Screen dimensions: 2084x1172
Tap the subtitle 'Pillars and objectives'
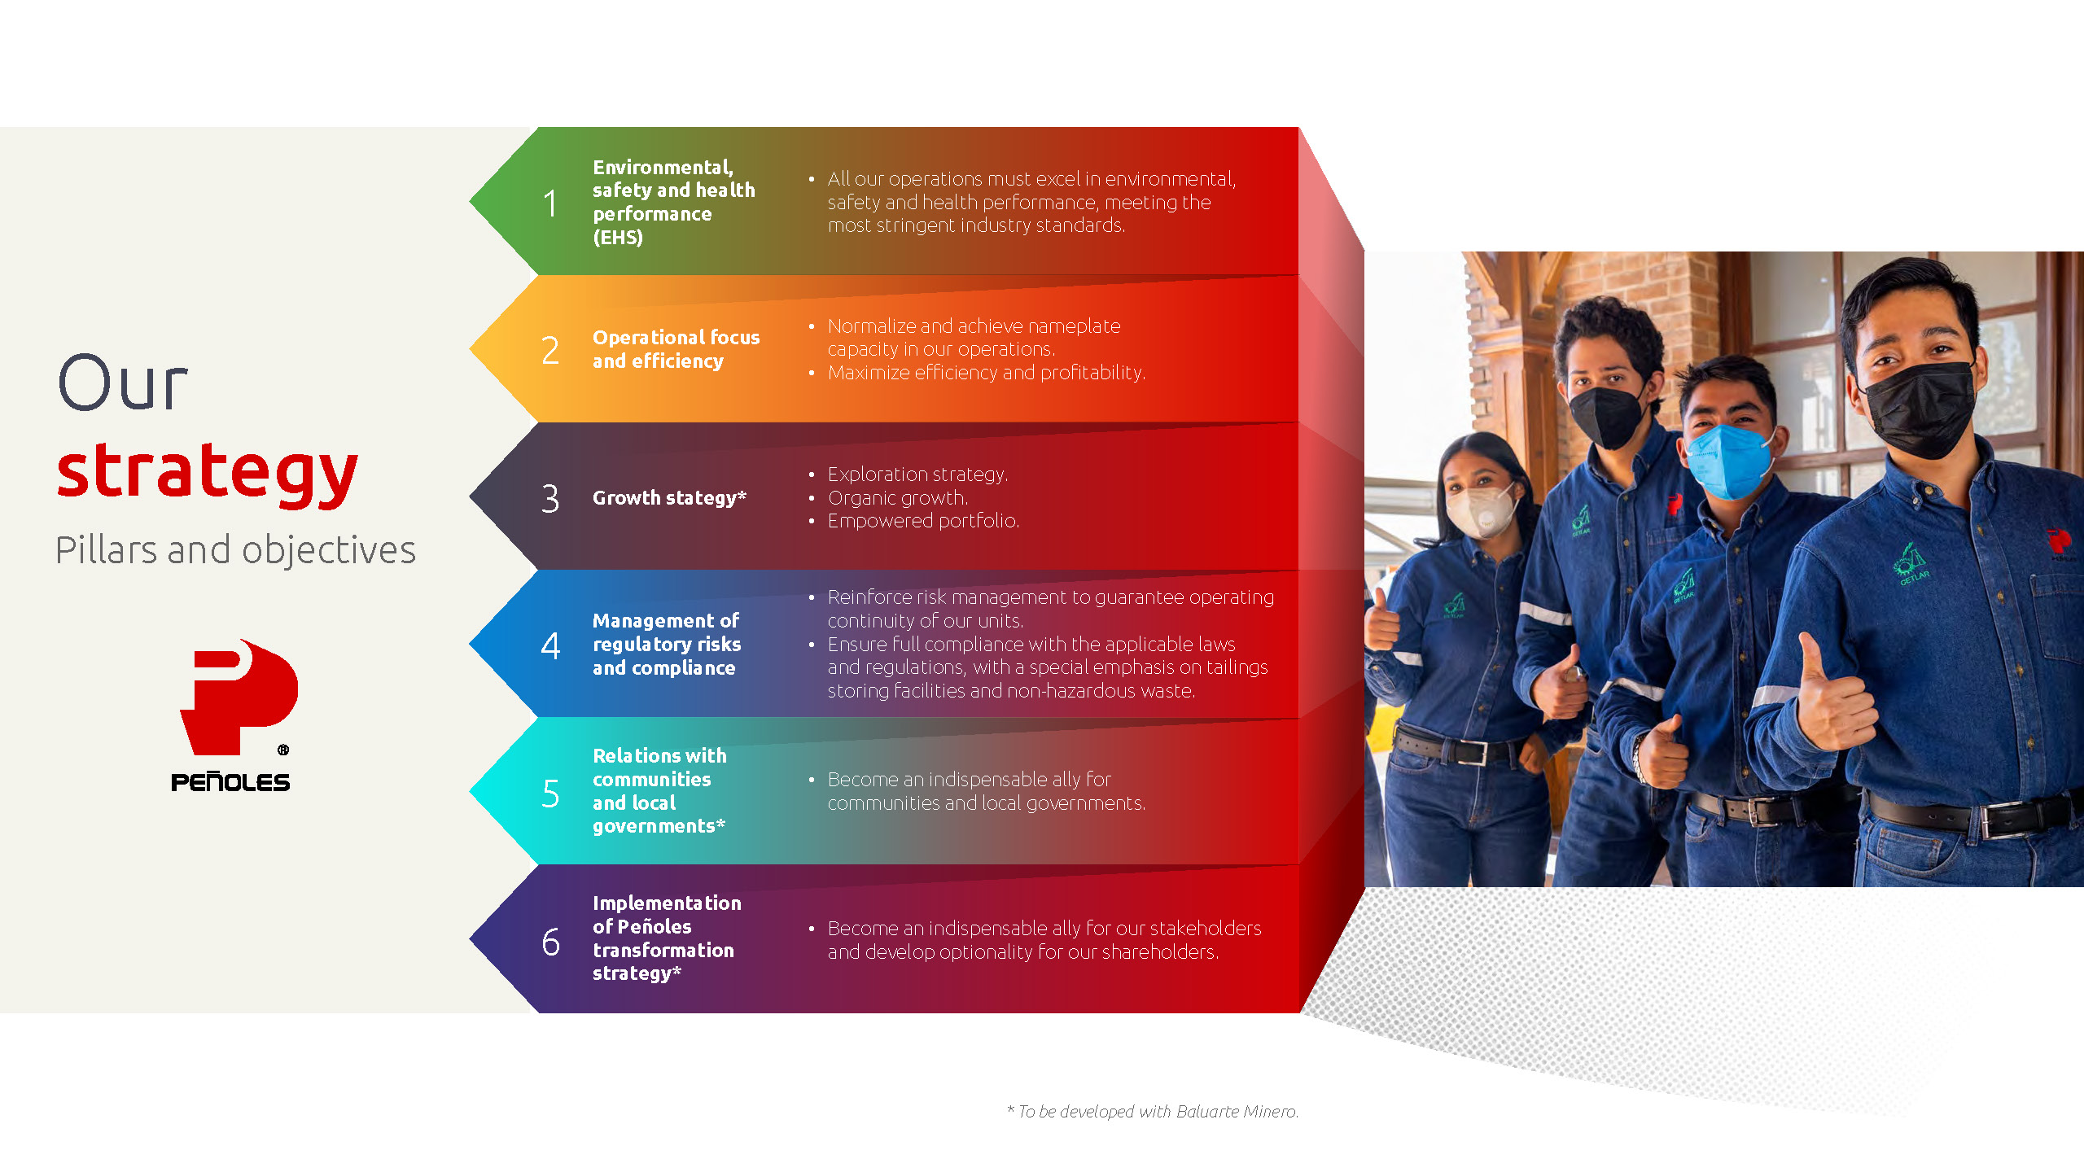pos(235,550)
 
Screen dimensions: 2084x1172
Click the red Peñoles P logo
pos(239,698)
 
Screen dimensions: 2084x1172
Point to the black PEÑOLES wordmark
pos(230,782)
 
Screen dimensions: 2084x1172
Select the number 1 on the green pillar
pos(551,203)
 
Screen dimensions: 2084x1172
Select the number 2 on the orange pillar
pos(550,351)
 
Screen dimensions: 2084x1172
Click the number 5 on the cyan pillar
pos(550,794)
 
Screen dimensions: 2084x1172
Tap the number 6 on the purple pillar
pos(551,942)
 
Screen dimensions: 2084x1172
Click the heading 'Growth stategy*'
pos(669,498)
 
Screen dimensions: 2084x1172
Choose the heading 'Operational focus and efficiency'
pos(676,349)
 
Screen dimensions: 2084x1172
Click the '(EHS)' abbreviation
pos(618,238)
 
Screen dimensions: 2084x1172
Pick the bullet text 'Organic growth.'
pos(897,498)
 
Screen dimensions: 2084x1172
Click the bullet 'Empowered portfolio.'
pos(923,521)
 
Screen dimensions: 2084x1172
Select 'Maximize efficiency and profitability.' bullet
pos(986,373)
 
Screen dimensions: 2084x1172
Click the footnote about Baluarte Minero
pos(1153,1112)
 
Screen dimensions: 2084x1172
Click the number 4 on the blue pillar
pos(550,646)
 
